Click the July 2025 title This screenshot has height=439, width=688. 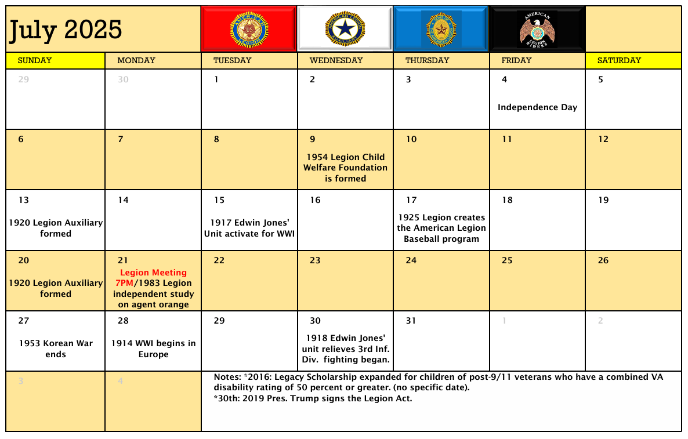65,29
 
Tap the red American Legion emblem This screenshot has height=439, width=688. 249,29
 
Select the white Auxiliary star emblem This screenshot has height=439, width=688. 345,29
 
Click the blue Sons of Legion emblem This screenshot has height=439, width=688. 441,29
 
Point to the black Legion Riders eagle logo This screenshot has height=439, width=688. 537,29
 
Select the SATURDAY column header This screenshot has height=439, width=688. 619,60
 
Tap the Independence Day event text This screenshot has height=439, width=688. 537,107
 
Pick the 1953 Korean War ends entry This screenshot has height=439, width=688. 56,349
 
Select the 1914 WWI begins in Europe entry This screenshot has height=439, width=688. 153,349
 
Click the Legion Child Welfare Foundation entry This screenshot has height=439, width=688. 345,168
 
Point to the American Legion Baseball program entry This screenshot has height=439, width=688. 441,228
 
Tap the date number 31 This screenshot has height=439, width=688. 411,321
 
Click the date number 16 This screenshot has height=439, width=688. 315,200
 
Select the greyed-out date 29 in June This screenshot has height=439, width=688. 23,79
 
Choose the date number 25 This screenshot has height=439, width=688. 507,260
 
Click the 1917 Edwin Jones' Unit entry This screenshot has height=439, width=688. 249,228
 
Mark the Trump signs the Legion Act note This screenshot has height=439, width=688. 313,398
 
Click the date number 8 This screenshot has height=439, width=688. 216,139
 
